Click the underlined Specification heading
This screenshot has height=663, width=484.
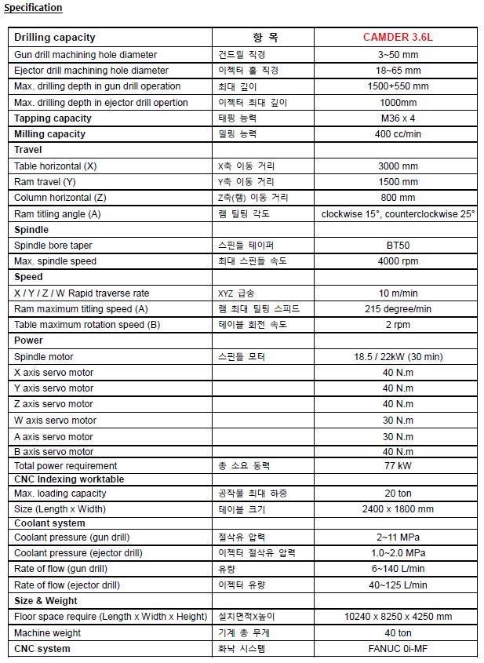pyautogui.click(x=34, y=8)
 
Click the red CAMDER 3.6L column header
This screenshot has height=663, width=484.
pyautogui.click(x=398, y=38)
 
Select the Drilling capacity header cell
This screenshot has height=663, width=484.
pyautogui.click(x=55, y=38)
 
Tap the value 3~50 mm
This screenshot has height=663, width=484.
pyautogui.click(x=398, y=55)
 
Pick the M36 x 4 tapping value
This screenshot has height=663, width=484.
pyautogui.click(x=398, y=118)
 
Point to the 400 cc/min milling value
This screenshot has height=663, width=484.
pyautogui.click(x=398, y=134)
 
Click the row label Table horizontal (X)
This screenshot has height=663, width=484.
pyautogui.click(x=56, y=166)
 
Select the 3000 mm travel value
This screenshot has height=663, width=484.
pyautogui.click(x=398, y=166)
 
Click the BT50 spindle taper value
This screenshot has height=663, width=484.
pyautogui.click(x=398, y=246)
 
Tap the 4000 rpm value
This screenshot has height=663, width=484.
pyautogui.click(x=398, y=261)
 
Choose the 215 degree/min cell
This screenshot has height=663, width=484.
pyautogui.click(x=398, y=309)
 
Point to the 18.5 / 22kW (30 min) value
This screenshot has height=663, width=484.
pyautogui.click(x=398, y=357)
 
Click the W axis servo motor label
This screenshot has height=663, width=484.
pyautogui.click(x=56, y=421)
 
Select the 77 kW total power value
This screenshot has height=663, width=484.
pyautogui.click(x=398, y=466)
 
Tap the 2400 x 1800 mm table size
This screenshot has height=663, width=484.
pyautogui.click(x=398, y=509)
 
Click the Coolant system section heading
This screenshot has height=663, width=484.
pyautogui.click(x=49, y=523)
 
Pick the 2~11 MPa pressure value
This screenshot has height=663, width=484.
pyautogui.click(x=398, y=537)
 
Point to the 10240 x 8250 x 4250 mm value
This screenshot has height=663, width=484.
pyautogui.click(x=398, y=617)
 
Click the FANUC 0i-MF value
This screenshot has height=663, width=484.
pyautogui.click(x=398, y=649)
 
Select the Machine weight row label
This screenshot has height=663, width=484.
pyautogui.click(x=47, y=633)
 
